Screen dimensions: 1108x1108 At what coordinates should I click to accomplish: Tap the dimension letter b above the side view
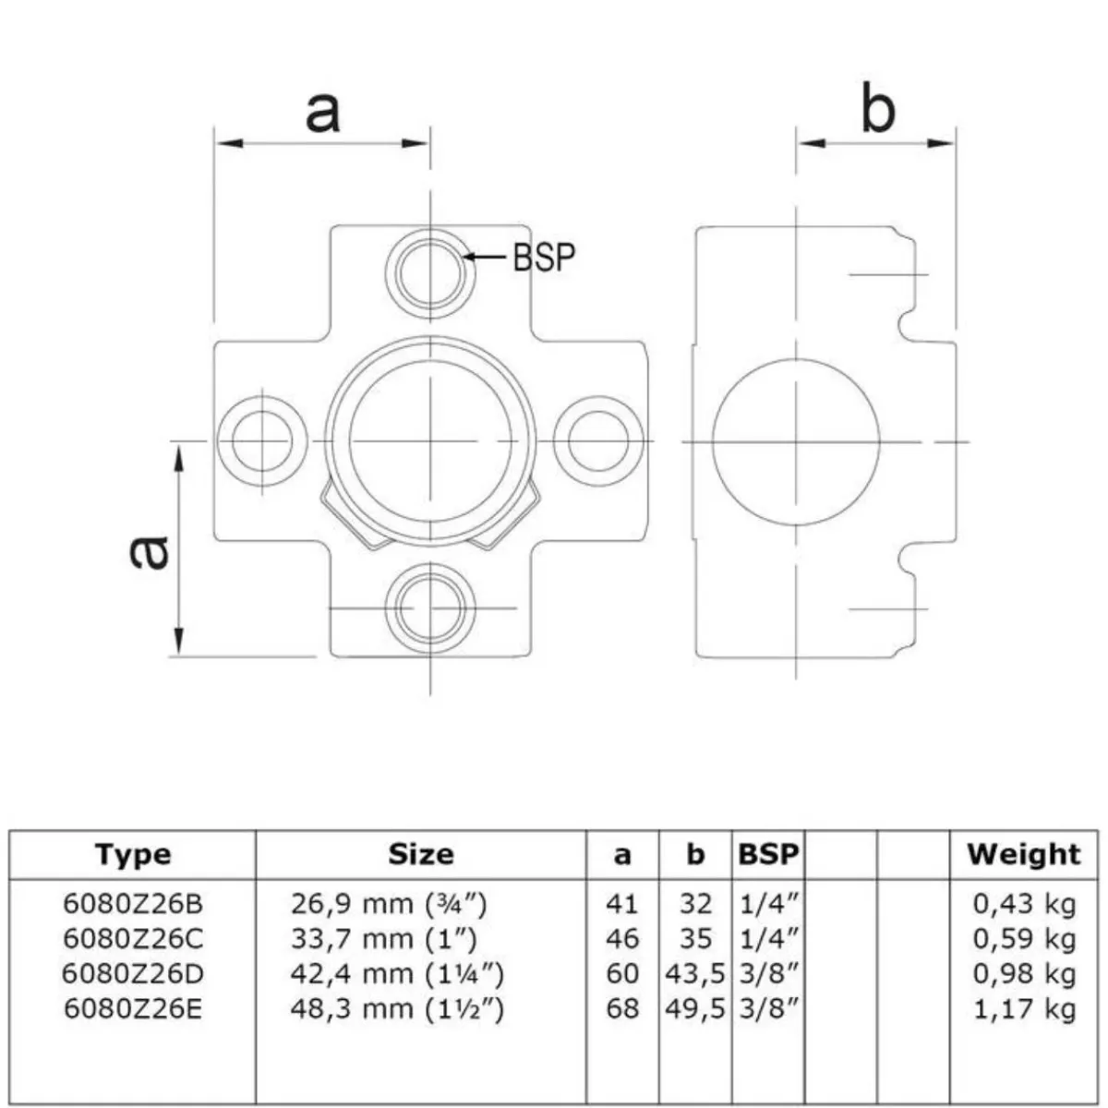[x=877, y=108]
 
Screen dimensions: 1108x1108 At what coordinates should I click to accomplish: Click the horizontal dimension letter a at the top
[x=322, y=112]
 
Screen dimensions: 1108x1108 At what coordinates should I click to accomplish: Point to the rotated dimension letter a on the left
[x=149, y=552]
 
